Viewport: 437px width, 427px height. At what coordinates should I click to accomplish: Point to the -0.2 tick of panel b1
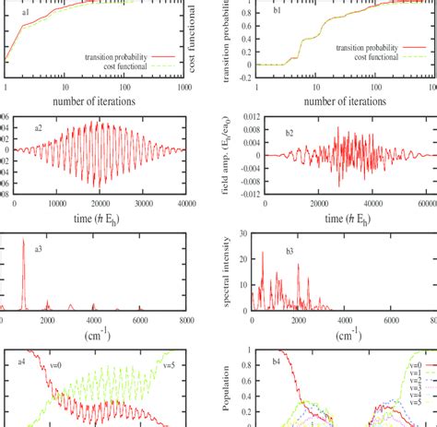(x=237, y=78)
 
